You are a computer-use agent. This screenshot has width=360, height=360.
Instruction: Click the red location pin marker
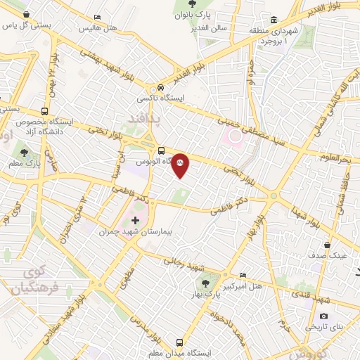[x=180, y=165]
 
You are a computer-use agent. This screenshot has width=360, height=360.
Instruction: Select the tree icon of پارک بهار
[x=205, y=283]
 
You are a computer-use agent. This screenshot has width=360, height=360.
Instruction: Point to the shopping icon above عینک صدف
[x=328, y=245]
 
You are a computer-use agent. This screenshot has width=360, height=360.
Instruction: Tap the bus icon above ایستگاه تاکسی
[x=161, y=88]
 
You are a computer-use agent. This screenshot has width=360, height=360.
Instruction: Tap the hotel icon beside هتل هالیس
[x=97, y=17]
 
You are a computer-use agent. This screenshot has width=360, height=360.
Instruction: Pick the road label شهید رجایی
[x=184, y=263]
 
